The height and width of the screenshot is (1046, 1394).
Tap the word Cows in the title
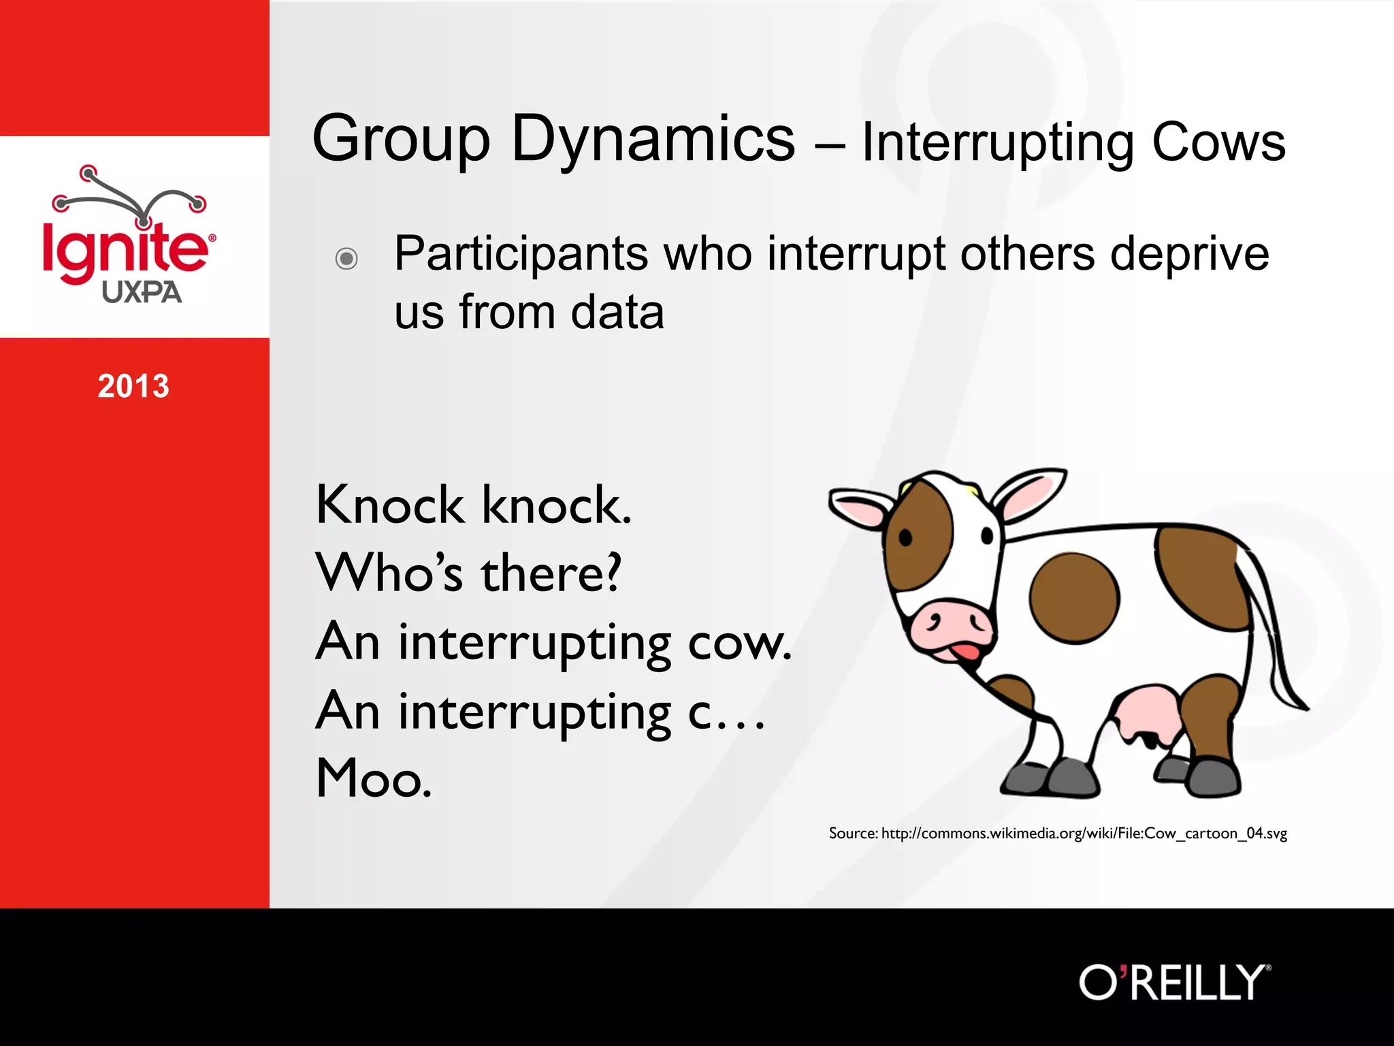pos(1218,143)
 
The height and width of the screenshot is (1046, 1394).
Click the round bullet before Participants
pos(346,258)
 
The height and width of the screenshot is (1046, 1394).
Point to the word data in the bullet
pos(617,313)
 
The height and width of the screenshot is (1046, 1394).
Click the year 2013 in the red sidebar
pos(133,386)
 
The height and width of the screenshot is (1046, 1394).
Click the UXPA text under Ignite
pos(142,292)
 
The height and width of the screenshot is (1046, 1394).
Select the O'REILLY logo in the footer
pos(1174,982)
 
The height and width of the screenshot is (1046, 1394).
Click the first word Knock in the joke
pos(389,505)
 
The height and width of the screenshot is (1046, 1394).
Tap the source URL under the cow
pos(1083,833)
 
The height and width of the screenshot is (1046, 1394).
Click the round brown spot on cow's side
pos(1073,598)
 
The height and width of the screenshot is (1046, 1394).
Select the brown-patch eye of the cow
pos(905,537)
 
